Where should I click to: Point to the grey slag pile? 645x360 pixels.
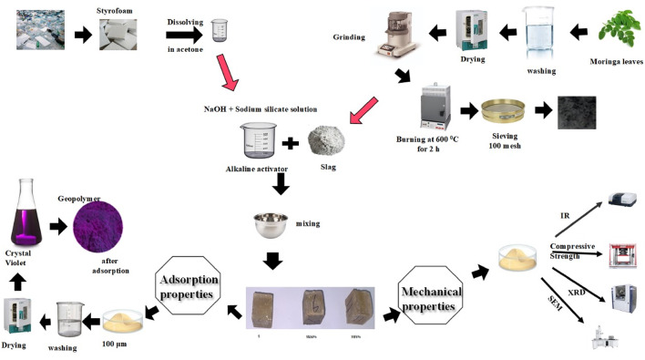pos(329,143)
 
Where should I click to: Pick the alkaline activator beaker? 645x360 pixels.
pos(257,142)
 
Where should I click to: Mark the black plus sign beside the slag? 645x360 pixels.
pos(291,142)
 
